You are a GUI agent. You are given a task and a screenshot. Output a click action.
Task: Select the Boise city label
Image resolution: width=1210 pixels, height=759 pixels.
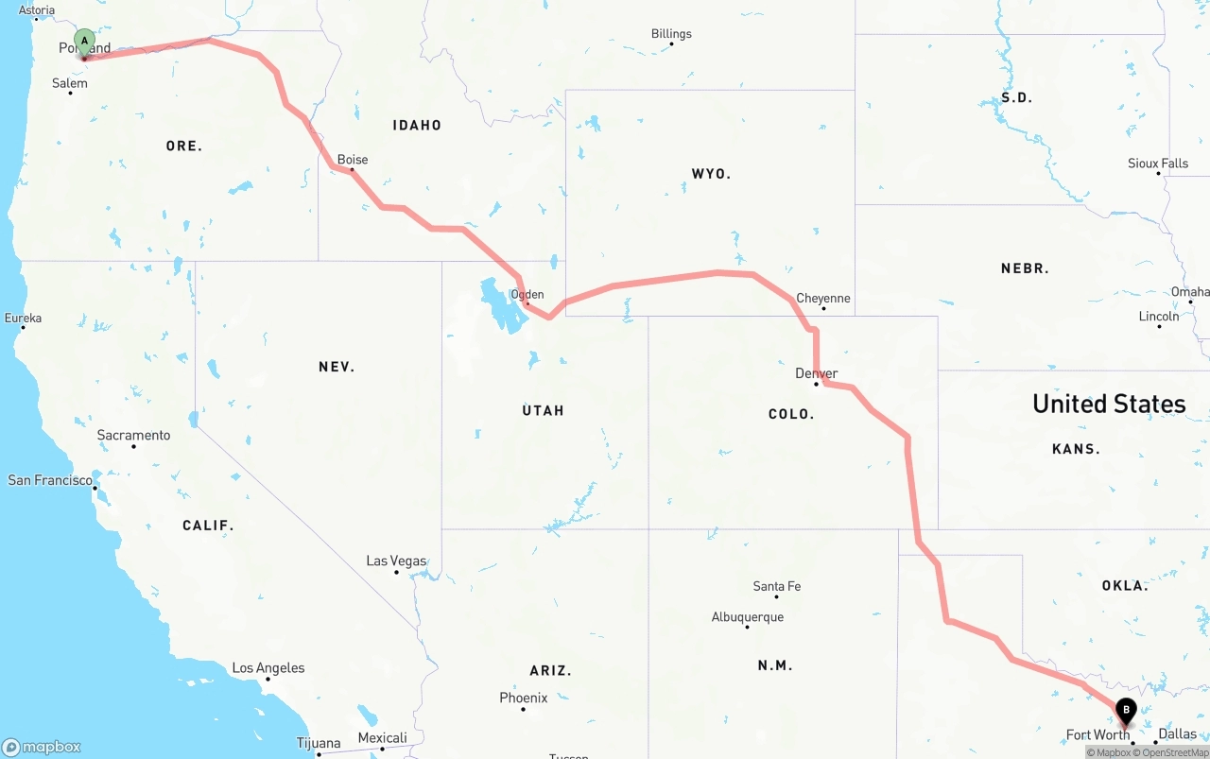[x=353, y=160]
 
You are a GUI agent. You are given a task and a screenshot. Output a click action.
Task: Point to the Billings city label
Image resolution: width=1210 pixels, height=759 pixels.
[x=671, y=34]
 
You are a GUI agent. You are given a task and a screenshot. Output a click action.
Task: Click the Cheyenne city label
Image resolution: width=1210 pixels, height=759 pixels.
[x=823, y=298]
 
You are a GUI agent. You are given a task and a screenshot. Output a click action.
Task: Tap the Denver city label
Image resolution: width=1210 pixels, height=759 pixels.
[x=817, y=373]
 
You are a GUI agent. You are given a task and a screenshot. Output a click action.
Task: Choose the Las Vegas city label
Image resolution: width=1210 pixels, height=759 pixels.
[x=396, y=561]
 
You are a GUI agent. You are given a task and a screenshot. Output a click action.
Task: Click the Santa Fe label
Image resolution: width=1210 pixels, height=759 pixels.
[x=777, y=586]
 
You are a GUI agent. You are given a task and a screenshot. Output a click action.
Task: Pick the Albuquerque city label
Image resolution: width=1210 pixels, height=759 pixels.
[x=748, y=617]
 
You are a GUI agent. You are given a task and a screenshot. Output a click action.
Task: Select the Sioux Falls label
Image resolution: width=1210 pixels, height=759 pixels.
[x=1158, y=164]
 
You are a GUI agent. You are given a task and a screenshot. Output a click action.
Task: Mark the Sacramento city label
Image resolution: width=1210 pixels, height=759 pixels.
[x=134, y=436]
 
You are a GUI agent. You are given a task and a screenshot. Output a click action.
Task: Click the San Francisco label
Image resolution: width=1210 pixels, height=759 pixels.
[x=50, y=480]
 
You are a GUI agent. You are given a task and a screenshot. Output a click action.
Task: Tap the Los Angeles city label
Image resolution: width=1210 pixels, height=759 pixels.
[x=268, y=668]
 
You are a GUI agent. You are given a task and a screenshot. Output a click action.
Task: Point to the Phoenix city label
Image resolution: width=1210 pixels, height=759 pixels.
[x=524, y=698]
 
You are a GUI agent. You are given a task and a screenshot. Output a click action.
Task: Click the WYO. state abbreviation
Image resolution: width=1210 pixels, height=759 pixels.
[x=711, y=174]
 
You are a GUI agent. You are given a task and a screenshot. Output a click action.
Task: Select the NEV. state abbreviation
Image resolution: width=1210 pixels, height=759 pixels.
[x=337, y=367]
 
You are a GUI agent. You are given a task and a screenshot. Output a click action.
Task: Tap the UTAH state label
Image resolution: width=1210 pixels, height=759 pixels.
[x=543, y=410]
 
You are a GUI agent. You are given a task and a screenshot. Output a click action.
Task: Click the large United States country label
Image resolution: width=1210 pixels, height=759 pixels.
[x=1109, y=404]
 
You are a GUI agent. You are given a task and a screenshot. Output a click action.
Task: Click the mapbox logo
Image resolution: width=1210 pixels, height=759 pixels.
[x=42, y=747]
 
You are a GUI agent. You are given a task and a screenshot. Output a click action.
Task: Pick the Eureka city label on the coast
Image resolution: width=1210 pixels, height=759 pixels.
[x=23, y=318]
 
